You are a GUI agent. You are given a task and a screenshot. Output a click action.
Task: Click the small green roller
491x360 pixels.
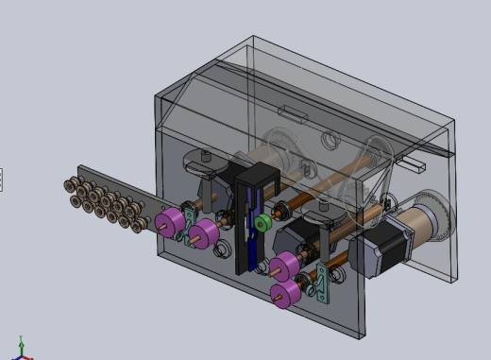pos(262,223)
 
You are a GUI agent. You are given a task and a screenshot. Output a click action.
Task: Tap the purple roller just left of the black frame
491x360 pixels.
pos(204,234)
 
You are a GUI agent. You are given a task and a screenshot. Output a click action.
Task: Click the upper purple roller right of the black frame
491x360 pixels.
pos(284,268)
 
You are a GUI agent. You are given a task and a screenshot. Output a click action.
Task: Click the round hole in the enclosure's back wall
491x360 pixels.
pos(328,142)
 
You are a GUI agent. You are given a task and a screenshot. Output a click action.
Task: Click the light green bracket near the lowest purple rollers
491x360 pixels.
pos(323,282)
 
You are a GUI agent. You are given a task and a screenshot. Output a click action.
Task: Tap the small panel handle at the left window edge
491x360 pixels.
pos(1,179)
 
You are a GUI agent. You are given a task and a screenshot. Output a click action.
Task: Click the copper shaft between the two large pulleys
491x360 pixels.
pos(330,164)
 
